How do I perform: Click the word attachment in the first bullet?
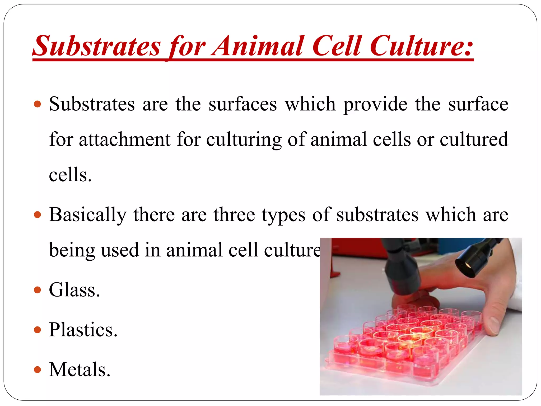click(x=124, y=139)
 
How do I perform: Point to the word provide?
click(x=375, y=104)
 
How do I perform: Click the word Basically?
click(x=88, y=214)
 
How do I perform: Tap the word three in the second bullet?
click(x=234, y=214)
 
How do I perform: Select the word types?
click(x=284, y=214)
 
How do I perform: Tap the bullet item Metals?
click(x=80, y=370)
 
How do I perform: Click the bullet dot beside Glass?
click(x=38, y=290)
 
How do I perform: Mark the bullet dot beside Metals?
click(x=38, y=370)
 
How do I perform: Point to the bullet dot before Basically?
click(x=38, y=214)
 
